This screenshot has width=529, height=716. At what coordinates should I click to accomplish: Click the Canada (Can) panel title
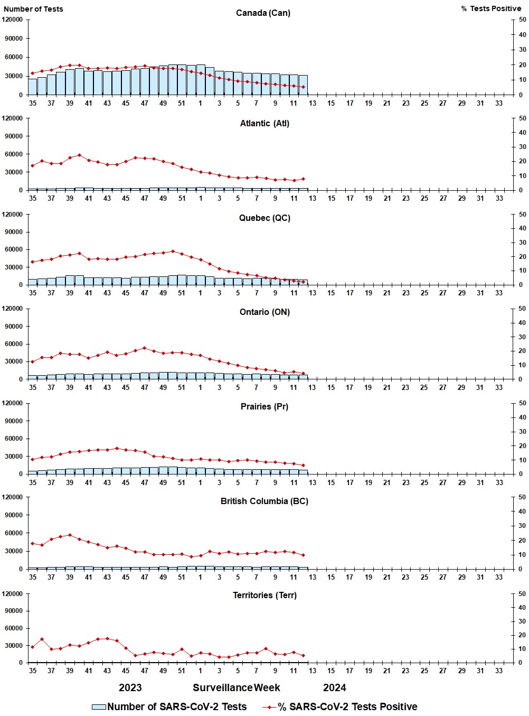coord(263,13)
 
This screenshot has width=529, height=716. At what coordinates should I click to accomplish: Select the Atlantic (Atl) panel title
coord(264,123)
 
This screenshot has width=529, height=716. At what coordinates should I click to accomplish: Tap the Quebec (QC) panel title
coord(264,218)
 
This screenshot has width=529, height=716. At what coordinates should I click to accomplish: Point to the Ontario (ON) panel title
coord(264,312)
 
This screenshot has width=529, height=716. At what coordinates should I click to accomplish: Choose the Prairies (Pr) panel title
coord(264,406)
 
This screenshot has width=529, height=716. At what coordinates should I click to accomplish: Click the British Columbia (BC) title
coord(264,501)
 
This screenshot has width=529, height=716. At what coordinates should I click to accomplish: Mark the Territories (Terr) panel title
coord(264,595)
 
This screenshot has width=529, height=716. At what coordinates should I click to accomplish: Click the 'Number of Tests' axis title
coord(33,9)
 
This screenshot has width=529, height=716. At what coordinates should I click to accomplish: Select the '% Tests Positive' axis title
coord(491,8)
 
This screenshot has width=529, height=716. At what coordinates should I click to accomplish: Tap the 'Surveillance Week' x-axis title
coord(237,687)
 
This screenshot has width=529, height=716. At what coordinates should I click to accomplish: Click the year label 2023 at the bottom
coord(130,687)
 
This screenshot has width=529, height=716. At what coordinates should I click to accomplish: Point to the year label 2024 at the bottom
coord(334,687)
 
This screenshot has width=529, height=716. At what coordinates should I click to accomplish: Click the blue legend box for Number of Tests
coord(99,706)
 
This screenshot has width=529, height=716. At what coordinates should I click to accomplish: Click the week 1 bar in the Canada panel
coord(201,80)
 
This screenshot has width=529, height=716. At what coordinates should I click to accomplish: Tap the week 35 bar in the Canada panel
coord(33,87)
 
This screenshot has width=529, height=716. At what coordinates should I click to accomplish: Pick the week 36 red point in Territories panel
coord(42,639)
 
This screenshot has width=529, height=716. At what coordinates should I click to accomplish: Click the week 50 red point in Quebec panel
coord(173,251)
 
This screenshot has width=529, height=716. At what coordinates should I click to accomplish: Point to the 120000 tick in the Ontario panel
coord(13,309)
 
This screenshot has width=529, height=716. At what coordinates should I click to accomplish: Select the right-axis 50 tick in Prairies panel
coord(522,403)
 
